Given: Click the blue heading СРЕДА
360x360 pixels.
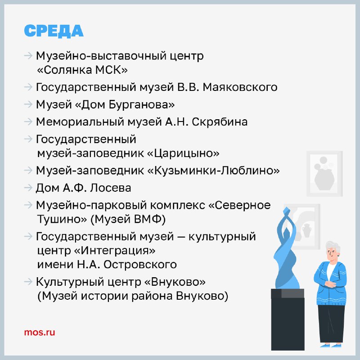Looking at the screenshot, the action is point(54,31).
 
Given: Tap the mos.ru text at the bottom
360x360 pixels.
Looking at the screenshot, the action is point(40,332).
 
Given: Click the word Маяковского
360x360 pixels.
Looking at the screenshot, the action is point(240,87).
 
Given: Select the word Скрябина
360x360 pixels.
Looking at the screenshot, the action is point(220,121).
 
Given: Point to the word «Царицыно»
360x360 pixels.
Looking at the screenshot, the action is point(183,153).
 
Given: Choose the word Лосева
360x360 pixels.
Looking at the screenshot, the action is point(110,188).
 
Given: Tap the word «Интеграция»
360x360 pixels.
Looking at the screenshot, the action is point(115,250).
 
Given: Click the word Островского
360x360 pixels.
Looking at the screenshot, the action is point(140,265).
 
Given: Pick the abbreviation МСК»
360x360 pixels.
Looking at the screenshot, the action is point(111,70).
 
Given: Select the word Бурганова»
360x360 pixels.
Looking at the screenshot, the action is point(141,104).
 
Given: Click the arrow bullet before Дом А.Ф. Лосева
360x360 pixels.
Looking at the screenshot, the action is point(28,188).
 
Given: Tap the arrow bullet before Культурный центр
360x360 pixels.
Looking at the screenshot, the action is point(28,282).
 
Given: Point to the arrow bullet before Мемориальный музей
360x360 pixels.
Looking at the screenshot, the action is point(28,121).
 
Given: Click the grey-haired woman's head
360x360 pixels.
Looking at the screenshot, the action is point(333,251).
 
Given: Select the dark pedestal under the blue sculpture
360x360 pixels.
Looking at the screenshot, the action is point(288,319).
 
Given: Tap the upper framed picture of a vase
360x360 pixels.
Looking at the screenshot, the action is point(324,174).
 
